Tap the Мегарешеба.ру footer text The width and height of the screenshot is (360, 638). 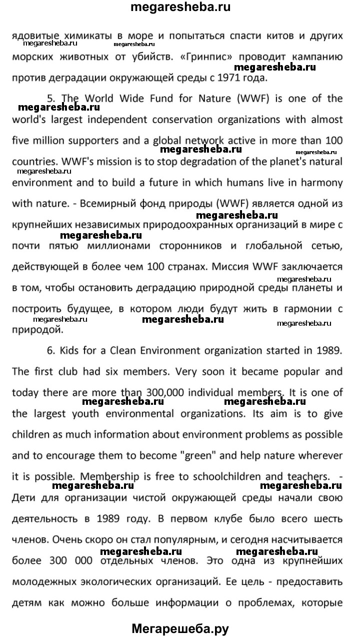tap(180, 628)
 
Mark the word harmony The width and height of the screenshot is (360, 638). tap(319, 183)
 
